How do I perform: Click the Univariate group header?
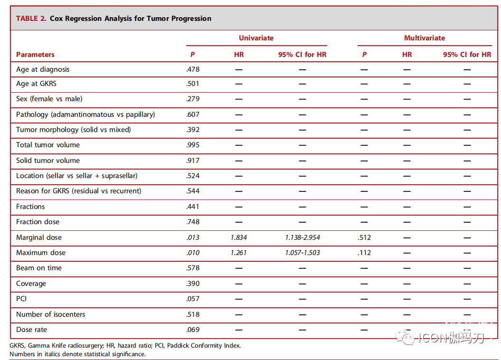(x=256, y=38)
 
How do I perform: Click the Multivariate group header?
(x=425, y=38)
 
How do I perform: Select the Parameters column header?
(x=35, y=55)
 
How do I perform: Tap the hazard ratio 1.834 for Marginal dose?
(x=239, y=237)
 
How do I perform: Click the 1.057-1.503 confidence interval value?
(x=302, y=253)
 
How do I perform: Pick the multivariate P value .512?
(x=364, y=237)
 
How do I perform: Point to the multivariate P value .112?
(x=364, y=253)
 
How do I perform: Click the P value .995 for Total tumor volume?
(x=193, y=145)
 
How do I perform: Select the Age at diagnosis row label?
(x=43, y=69)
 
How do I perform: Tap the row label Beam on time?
(x=39, y=268)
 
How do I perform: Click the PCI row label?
(x=21, y=299)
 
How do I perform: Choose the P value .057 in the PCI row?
(x=193, y=299)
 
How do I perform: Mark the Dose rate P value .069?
(x=193, y=330)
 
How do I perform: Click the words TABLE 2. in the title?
(x=31, y=19)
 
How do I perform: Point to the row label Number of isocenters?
(x=51, y=314)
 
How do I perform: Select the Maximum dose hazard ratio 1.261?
(x=239, y=253)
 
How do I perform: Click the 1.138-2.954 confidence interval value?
(x=302, y=237)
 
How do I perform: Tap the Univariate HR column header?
(x=239, y=55)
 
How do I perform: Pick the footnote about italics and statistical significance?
(x=77, y=354)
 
